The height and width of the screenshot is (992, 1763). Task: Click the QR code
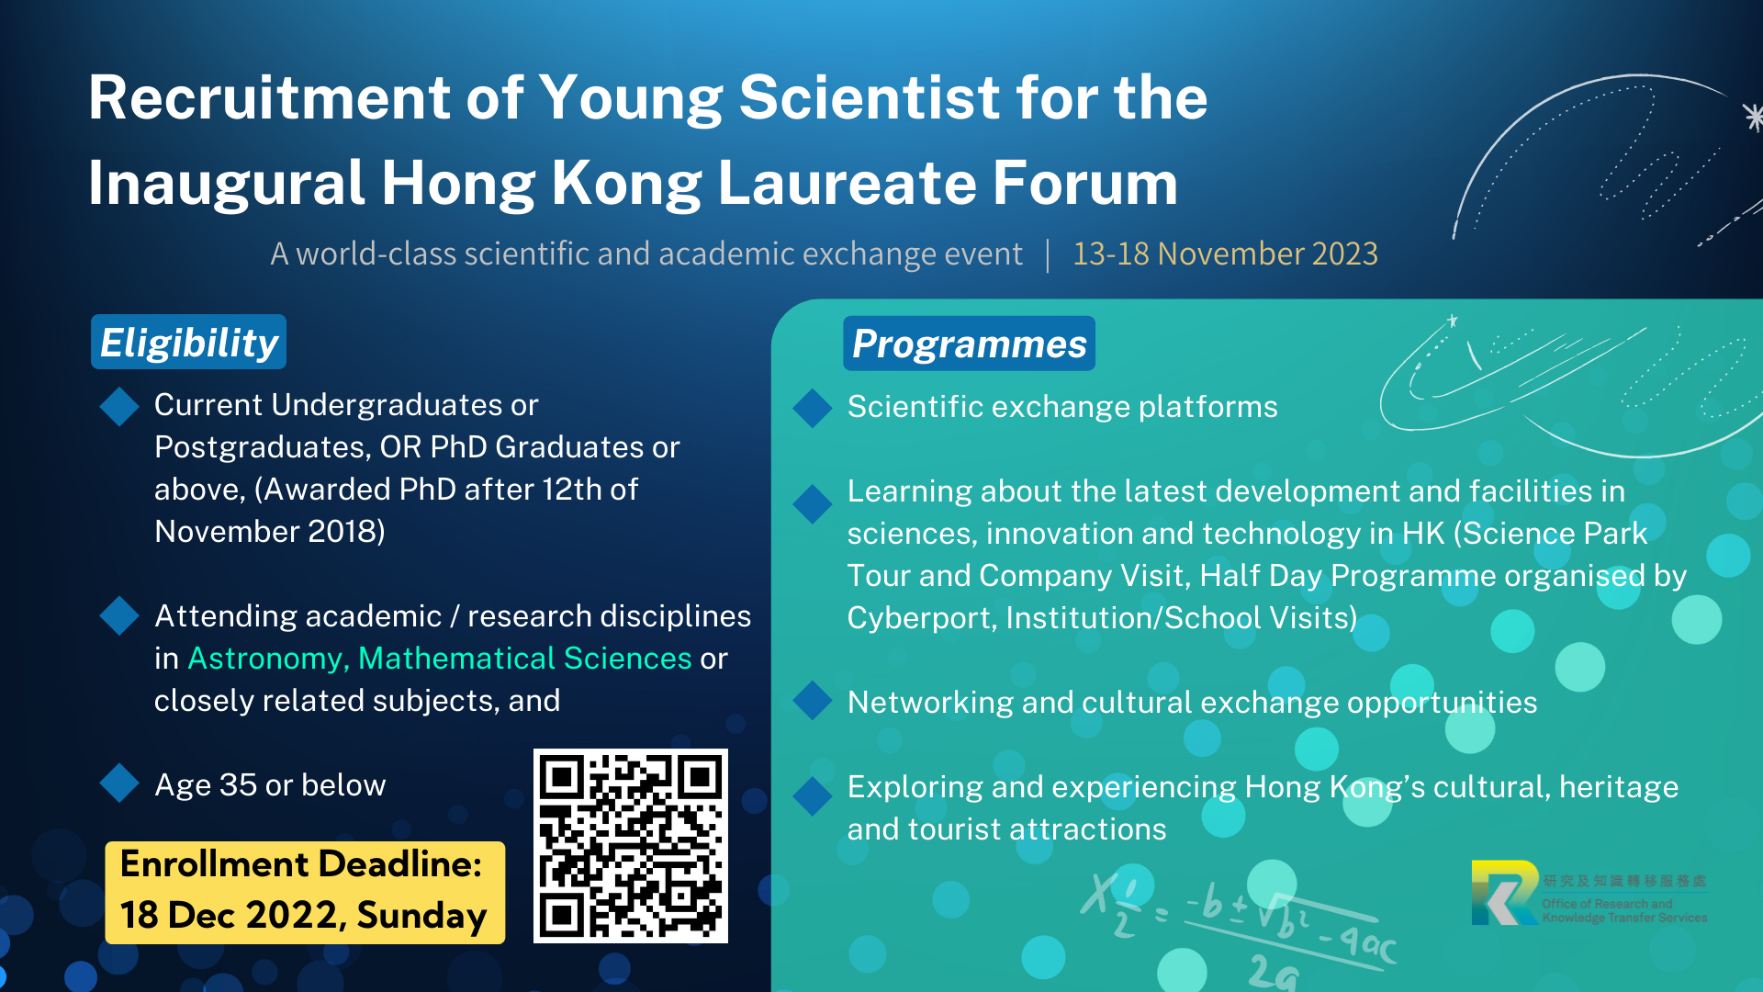tap(631, 846)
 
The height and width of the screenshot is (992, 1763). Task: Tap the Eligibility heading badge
tap(188, 342)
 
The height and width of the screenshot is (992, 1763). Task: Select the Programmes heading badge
tap(969, 344)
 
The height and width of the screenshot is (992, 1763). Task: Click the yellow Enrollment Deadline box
tap(305, 892)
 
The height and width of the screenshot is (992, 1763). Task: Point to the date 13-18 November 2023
tap(1225, 254)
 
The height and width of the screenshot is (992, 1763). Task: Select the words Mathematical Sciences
tap(524, 659)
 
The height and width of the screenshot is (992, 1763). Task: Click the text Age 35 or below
tap(270, 785)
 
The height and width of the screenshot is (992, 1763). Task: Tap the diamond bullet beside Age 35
tap(119, 783)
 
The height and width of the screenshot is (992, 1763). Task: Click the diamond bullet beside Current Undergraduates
tap(119, 407)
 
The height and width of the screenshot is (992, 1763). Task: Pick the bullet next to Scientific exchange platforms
tap(813, 409)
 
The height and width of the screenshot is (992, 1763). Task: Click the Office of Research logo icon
tap(1505, 893)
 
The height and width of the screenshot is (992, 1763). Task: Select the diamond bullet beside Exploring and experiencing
tap(813, 796)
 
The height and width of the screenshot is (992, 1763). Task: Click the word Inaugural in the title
tap(227, 183)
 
